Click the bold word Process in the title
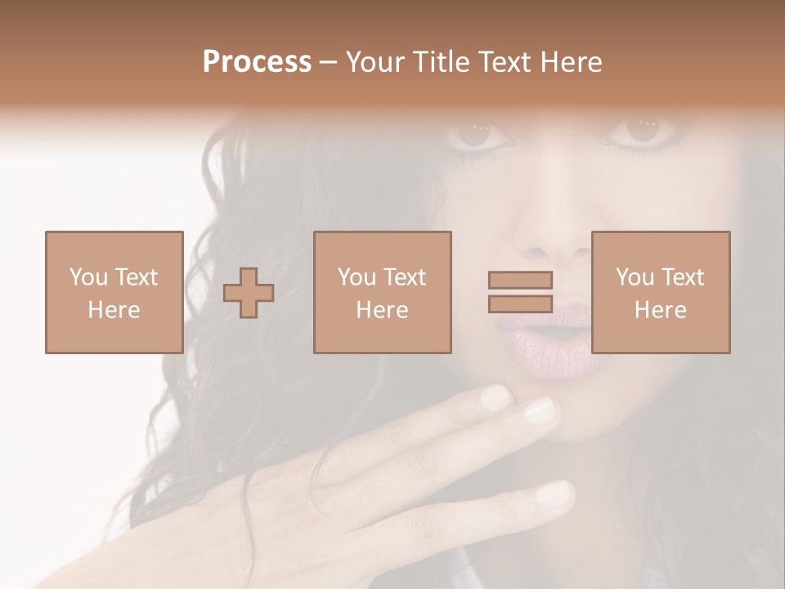click(x=257, y=62)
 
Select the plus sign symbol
click(x=249, y=293)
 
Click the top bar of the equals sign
click(x=520, y=280)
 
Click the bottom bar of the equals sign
click(x=520, y=303)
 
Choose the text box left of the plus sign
click(x=114, y=292)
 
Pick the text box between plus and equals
click(x=383, y=292)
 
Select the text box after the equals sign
click(x=661, y=292)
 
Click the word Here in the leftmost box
click(x=114, y=310)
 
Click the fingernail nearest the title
click(x=494, y=398)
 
